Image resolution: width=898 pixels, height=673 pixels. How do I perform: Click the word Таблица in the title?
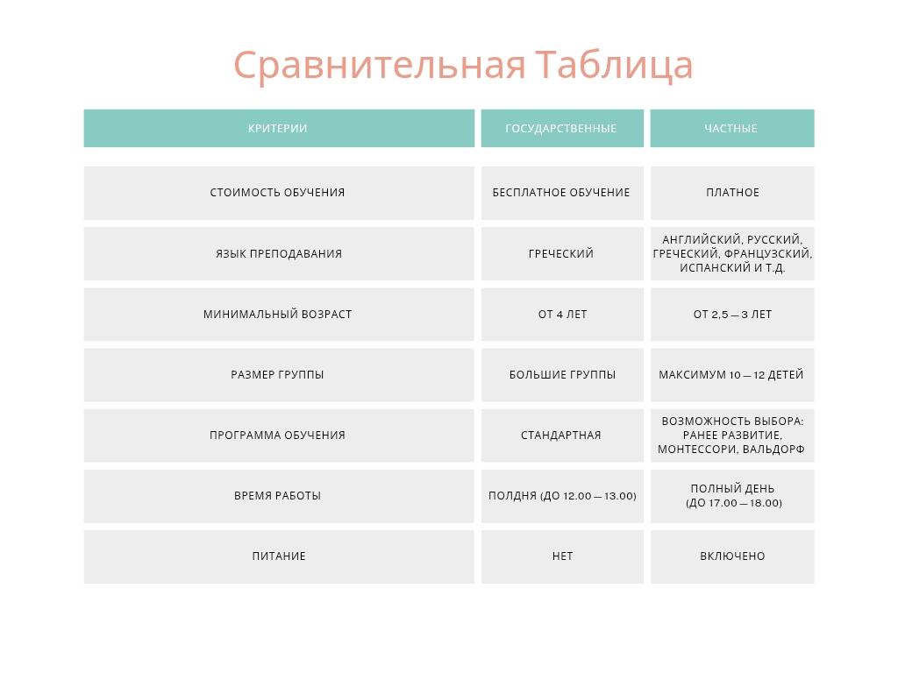point(614,65)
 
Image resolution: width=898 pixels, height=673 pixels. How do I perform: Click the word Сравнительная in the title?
point(380,65)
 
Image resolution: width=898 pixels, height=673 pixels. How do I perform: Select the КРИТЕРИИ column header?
point(278,128)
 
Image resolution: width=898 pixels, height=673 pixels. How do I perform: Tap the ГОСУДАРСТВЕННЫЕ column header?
point(561,128)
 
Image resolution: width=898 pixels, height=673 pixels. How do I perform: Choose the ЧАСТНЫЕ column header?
point(731,128)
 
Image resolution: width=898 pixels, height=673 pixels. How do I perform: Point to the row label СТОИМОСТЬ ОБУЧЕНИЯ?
point(278,193)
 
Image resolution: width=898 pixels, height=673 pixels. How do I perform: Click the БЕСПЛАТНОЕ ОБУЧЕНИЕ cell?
point(562,193)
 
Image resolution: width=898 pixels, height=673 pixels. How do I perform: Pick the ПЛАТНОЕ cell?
point(732,193)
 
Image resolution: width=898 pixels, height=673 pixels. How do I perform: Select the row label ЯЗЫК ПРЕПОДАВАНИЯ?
point(279,253)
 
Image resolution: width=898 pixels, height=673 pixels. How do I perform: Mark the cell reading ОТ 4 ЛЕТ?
point(562,315)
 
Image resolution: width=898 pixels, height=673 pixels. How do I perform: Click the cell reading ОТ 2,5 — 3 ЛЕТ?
point(732,315)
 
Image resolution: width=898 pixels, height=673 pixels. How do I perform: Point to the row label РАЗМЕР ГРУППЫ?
point(278,375)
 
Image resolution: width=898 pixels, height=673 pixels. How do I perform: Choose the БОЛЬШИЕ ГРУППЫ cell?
point(562,375)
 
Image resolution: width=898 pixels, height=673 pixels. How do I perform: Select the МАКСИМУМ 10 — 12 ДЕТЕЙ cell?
point(732,375)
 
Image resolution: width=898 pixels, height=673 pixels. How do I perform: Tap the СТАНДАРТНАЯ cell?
point(562,436)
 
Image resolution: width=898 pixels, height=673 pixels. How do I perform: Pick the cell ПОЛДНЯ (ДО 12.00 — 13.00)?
point(562,496)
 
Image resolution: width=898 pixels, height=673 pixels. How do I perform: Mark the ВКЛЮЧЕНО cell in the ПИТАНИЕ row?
point(732,556)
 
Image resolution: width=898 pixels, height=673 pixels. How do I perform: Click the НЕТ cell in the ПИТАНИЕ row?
point(562,556)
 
